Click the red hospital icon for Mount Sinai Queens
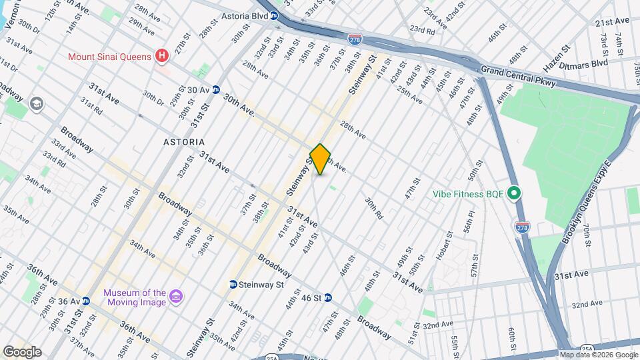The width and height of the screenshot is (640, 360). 161,57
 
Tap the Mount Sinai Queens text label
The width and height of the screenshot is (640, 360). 109,57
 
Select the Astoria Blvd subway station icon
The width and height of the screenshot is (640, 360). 274,17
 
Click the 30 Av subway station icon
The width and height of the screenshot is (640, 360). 216,89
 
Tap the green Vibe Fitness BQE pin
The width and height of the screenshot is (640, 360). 514,194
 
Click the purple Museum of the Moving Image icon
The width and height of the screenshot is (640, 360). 177,296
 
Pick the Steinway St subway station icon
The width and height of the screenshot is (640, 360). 233,285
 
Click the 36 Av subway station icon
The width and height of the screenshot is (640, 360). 86,301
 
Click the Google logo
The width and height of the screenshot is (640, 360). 22,352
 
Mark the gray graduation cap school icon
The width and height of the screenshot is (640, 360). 36,104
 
